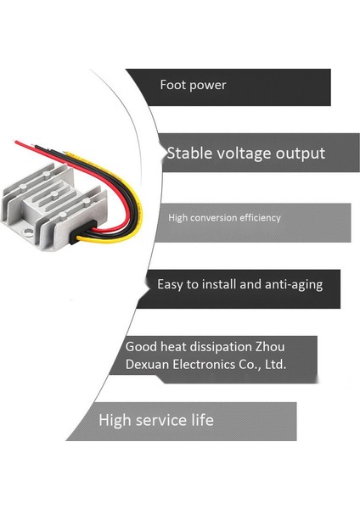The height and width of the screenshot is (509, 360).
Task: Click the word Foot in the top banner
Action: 172,85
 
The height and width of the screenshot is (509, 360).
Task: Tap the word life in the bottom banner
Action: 202,420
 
